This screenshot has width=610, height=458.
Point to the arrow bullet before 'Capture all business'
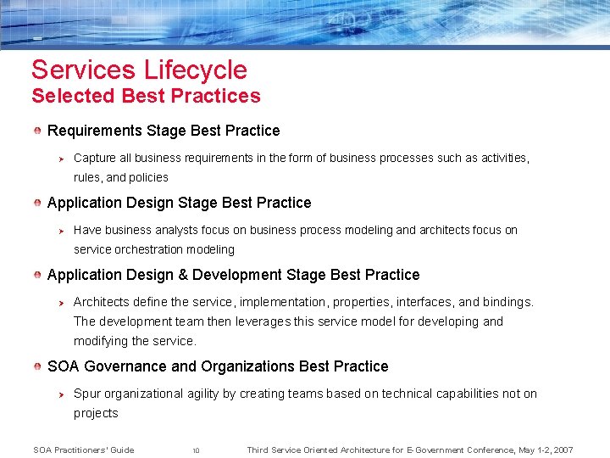coord(60,158)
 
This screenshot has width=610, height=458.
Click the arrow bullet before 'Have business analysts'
coord(60,230)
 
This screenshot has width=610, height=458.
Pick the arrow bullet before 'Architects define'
coord(60,302)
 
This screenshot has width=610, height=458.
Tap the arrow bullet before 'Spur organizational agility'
coord(60,394)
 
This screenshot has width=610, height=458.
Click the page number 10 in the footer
coord(196,450)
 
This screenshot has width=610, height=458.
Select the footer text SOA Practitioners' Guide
coord(83,450)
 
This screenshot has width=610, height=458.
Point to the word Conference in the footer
coord(469,450)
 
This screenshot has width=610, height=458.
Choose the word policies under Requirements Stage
coord(149,177)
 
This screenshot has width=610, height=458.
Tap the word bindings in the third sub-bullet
coord(507,302)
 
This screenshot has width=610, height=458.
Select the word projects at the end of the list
coord(96,413)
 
